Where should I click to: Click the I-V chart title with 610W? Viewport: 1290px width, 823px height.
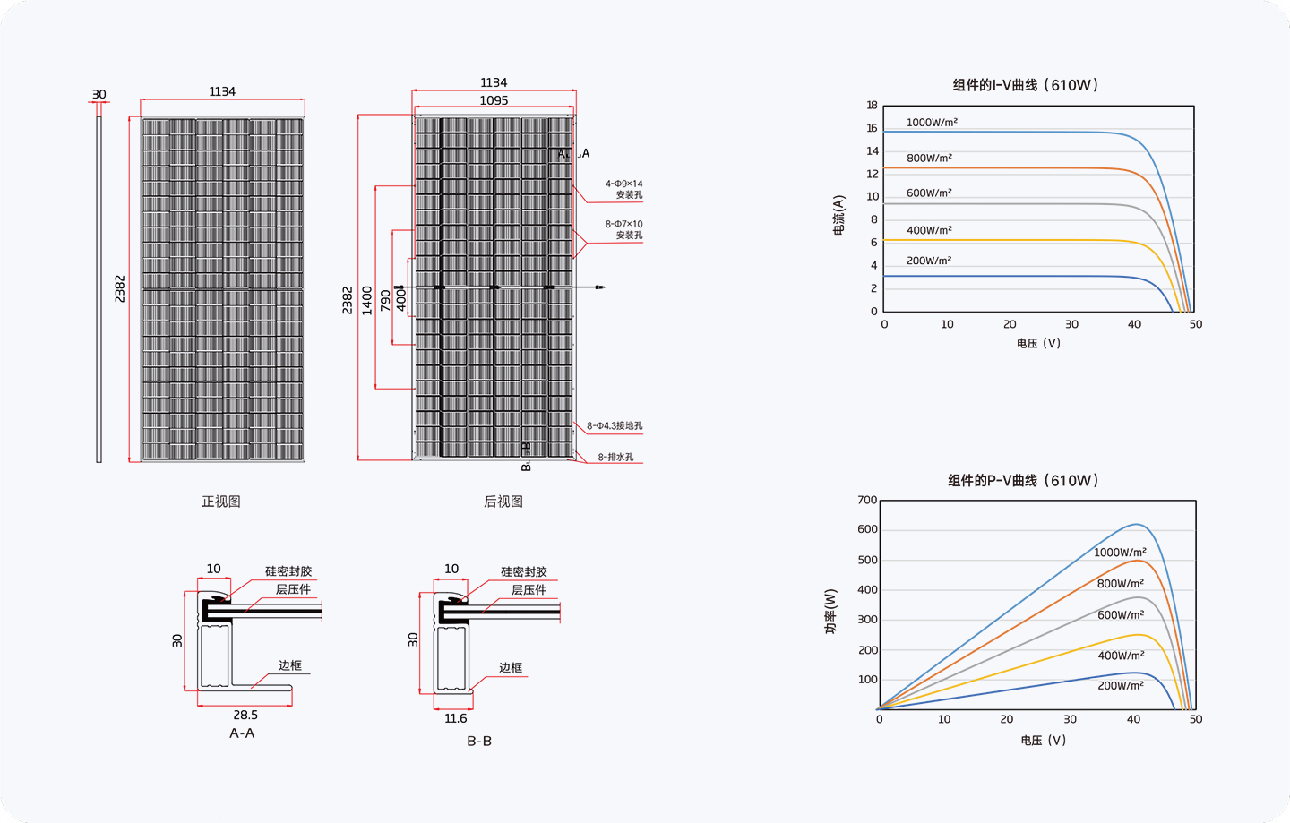pyautogui.click(x=1025, y=85)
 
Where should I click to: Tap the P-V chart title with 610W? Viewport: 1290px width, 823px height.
pyautogui.click(x=1023, y=481)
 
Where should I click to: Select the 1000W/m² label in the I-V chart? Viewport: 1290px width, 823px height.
pyautogui.click(x=932, y=122)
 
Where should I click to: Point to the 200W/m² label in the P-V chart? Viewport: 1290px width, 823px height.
pyautogui.click(x=1120, y=685)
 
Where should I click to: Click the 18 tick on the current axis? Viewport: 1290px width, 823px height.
pyautogui.click(x=872, y=105)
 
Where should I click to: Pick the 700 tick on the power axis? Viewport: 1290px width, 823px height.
pyautogui.click(x=867, y=500)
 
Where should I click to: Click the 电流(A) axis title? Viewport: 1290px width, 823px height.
pyautogui.click(x=838, y=215)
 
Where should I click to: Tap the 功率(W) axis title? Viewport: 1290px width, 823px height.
pyautogui.click(x=830, y=612)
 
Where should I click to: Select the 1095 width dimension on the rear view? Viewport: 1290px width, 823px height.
pyautogui.click(x=494, y=100)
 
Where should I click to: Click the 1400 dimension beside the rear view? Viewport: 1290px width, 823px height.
pyautogui.click(x=367, y=300)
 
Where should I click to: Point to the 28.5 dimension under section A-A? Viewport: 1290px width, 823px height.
pyautogui.click(x=245, y=715)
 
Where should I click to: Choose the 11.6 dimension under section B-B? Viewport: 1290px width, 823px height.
pyautogui.click(x=455, y=718)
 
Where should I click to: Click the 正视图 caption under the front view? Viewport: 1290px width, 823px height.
pyautogui.click(x=221, y=502)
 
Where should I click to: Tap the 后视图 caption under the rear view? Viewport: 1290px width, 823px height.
pyautogui.click(x=503, y=502)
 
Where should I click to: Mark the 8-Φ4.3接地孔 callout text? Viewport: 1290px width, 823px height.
pyautogui.click(x=615, y=426)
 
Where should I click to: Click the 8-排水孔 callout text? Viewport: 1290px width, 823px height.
pyautogui.click(x=615, y=457)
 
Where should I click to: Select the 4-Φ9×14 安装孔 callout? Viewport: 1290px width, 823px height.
pyautogui.click(x=623, y=189)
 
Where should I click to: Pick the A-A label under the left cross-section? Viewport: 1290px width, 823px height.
pyautogui.click(x=242, y=733)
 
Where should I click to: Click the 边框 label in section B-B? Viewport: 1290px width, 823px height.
pyautogui.click(x=511, y=667)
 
